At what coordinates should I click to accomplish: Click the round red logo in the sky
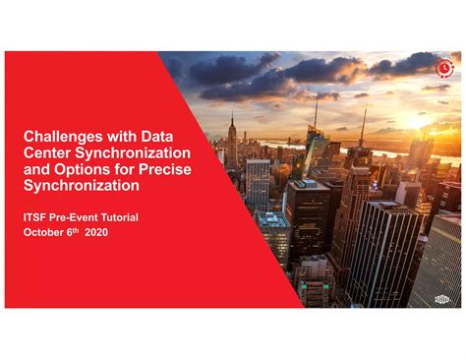click(444, 68)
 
